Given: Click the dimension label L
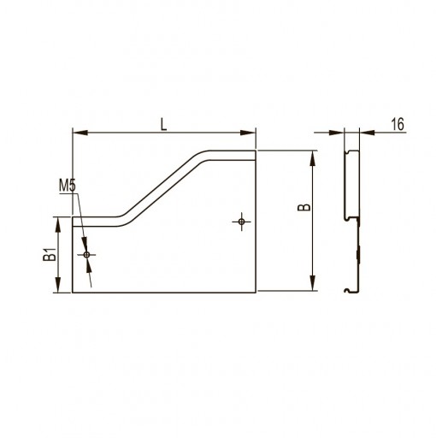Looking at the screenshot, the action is [163, 125].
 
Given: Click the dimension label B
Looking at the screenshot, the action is [304, 207].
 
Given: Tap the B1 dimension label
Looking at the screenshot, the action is [50, 254].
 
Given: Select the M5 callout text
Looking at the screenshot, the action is [68, 186].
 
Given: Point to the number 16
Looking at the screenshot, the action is [398, 124].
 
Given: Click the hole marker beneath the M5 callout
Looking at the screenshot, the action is [87, 255].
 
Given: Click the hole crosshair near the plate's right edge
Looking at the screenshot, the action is [242, 222].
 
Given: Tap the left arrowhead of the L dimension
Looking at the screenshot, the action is [80, 133].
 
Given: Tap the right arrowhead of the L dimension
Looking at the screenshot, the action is [248, 133].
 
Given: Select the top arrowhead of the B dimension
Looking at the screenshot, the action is [313, 158].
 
